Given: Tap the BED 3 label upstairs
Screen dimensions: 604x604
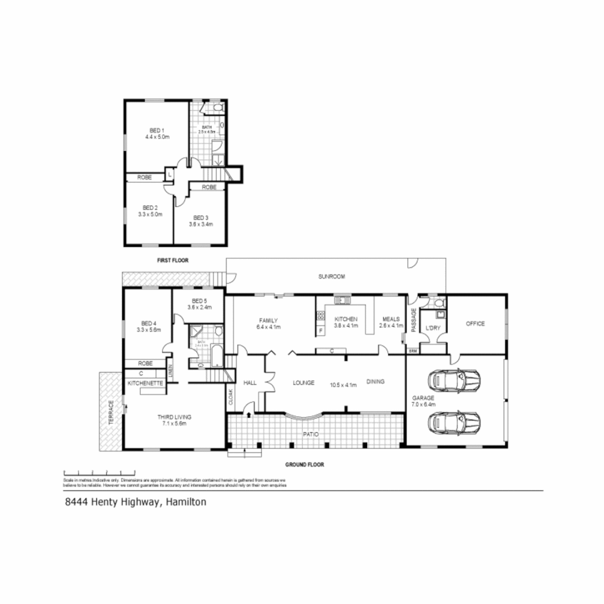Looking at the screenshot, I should [x=201, y=218].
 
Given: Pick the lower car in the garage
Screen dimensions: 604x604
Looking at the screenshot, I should [x=454, y=422].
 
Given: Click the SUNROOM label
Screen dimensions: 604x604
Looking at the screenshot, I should [x=332, y=276].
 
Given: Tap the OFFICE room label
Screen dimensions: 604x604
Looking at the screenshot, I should [x=474, y=324].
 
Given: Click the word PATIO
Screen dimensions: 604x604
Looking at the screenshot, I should [x=312, y=433].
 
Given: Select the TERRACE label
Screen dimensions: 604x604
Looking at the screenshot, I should [x=111, y=413].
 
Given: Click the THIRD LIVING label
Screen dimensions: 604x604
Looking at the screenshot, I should [x=175, y=417].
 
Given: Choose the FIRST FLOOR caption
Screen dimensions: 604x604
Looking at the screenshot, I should [x=173, y=260].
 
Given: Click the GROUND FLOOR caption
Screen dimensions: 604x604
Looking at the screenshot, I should [x=305, y=464].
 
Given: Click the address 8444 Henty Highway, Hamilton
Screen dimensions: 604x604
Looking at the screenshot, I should [x=136, y=502].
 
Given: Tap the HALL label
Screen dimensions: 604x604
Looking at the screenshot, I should [x=250, y=383].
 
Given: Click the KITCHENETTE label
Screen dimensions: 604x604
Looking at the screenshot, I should [x=145, y=383].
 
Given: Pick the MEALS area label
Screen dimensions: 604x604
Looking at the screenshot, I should [x=391, y=319].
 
